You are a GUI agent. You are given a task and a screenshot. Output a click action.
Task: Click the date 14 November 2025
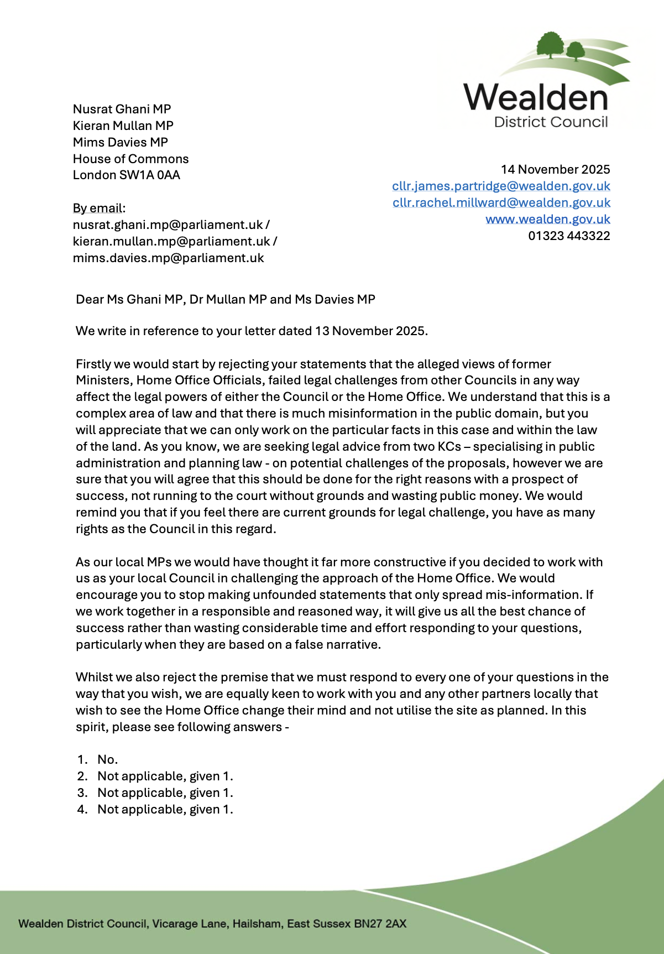555,169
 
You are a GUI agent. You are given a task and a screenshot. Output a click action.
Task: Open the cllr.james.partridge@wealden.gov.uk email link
501,186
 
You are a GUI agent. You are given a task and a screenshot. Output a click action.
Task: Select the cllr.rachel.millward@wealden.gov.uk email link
501,202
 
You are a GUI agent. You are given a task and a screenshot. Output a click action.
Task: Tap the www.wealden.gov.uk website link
547,219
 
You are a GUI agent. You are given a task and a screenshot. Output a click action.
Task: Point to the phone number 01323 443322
569,236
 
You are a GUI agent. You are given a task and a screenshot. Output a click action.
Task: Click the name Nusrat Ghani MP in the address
122,109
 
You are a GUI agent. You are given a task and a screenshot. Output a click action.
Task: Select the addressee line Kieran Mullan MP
123,126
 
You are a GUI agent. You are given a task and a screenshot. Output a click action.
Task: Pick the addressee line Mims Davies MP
121,142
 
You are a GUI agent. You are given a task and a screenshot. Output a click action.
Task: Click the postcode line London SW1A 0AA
127,175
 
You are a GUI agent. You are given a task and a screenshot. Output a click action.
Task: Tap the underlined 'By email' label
98,208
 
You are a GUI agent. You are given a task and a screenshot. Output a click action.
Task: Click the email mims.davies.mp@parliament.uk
169,258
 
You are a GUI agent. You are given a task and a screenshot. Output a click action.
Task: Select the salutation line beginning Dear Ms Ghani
226,299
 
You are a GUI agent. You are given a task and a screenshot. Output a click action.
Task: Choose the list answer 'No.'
107,759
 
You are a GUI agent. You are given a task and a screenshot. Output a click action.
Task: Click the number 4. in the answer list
82,809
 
